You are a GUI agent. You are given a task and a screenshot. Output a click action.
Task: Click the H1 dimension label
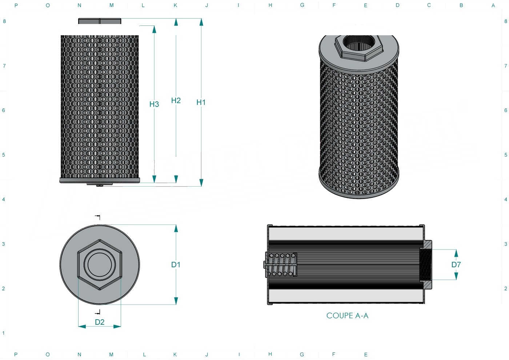(201, 103)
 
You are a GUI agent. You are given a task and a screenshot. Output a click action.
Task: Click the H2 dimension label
(176, 100)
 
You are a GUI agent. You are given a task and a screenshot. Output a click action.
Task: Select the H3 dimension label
(154, 104)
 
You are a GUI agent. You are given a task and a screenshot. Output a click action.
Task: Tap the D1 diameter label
(176, 265)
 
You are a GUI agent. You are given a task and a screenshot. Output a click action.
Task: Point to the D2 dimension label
(100, 322)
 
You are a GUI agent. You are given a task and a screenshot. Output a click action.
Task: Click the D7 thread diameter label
(456, 265)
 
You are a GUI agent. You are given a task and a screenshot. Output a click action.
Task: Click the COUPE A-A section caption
(347, 316)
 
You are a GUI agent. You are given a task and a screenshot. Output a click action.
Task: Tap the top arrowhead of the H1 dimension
(201, 22)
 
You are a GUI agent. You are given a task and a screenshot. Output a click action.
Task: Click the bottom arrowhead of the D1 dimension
(176, 301)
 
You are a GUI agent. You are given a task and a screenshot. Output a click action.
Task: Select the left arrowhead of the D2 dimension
(82, 327)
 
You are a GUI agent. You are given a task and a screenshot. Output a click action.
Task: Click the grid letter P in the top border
(16, 5)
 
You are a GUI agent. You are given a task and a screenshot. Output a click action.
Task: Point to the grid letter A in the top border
(493, 5)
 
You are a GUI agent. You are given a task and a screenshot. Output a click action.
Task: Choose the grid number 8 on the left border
(4, 21)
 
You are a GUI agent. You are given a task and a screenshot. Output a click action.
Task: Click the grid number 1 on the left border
(3, 333)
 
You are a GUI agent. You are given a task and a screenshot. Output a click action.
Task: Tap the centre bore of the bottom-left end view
(100, 265)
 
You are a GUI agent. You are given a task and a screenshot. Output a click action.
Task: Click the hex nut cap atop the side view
(100, 21)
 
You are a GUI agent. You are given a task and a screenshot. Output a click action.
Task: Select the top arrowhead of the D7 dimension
(456, 253)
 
